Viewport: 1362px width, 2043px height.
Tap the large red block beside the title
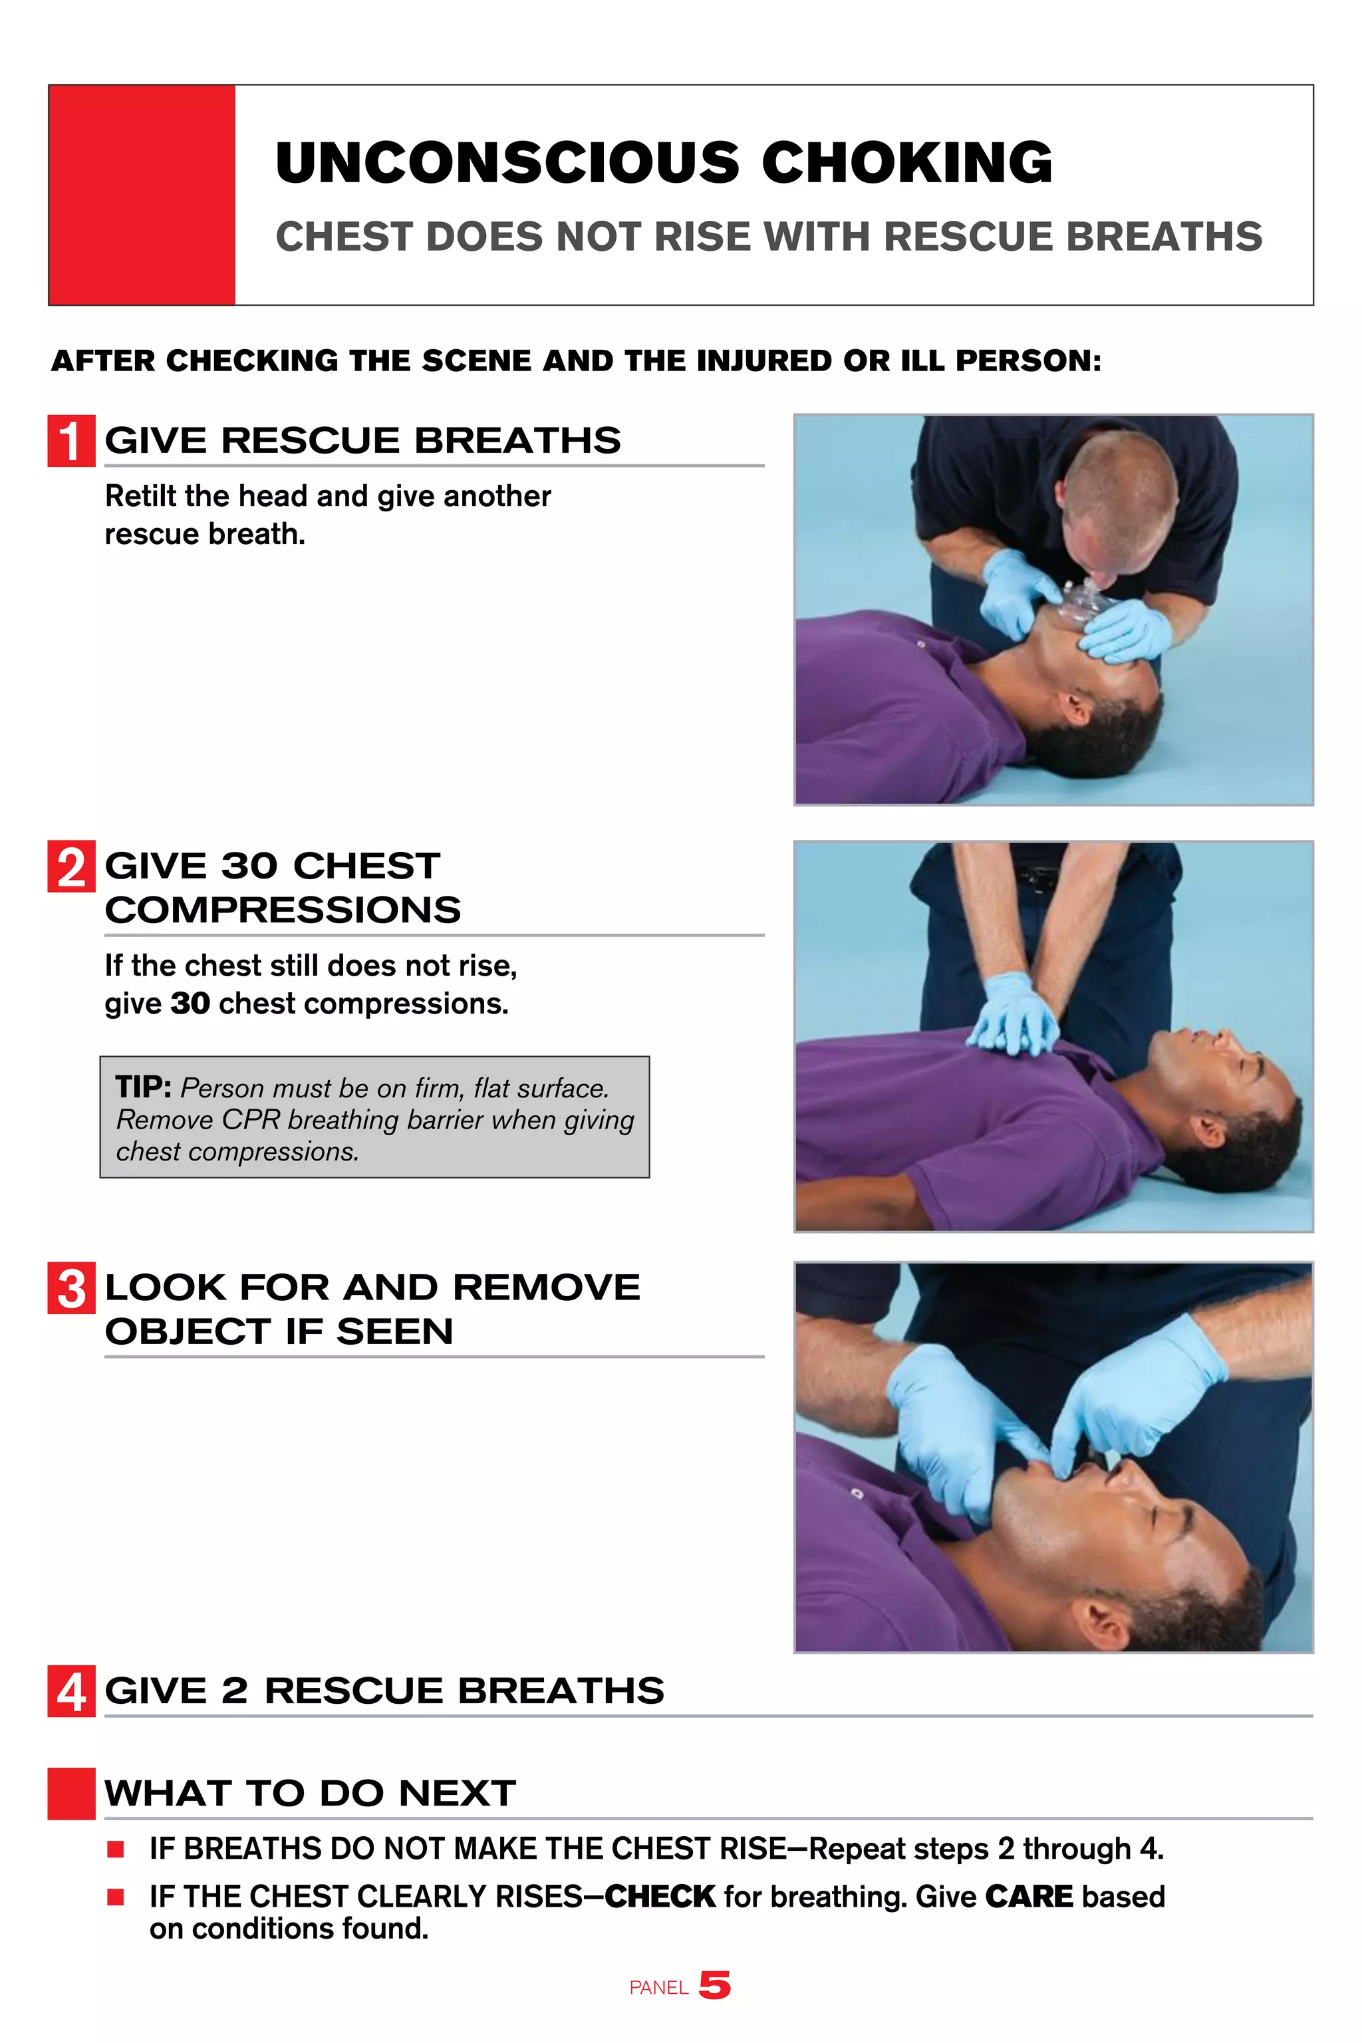pyautogui.click(x=142, y=195)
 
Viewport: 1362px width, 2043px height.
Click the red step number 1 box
pyautogui.click(x=71, y=442)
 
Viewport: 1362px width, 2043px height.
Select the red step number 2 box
pyautogui.click(x=71, y=867)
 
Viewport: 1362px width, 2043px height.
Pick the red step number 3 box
pyautogui.click(x=71, y=1288)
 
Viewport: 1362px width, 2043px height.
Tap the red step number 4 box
pyautogui.click(x=71, y=1691)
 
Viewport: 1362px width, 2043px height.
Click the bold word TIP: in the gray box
pyautogui.click(x=144, y=1087)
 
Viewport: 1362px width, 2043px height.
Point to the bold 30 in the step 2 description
pyautogui.click(x=190, y=1004)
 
